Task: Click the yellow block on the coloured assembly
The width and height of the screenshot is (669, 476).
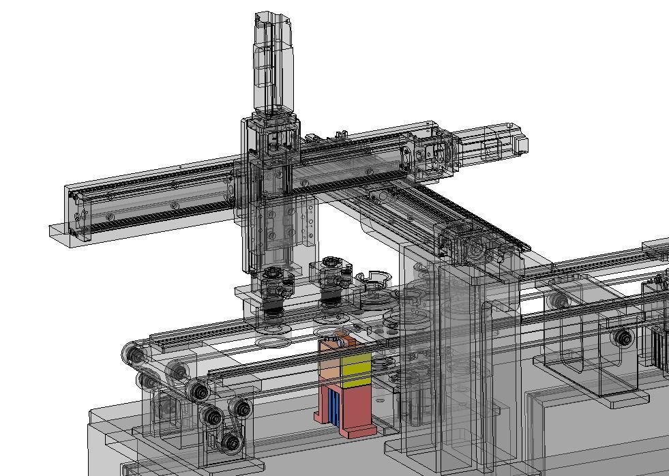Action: (x=356, y=370)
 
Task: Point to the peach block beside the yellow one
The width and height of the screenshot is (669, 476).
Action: (x=329, y=368)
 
